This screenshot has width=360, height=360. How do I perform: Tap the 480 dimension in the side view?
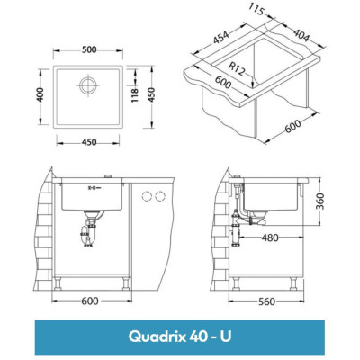[270, 239]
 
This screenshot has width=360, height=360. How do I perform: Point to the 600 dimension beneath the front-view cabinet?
[88, 301]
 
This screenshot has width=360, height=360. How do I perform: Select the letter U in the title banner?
[231, 336]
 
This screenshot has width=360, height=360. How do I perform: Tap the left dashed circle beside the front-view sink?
[147, 196]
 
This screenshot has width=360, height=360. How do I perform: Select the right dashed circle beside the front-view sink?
[162, 196]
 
